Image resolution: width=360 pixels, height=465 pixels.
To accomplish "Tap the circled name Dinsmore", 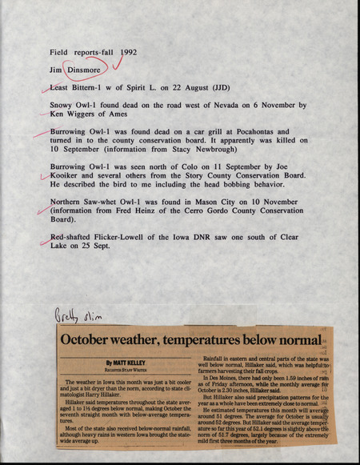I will (84, 70).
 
